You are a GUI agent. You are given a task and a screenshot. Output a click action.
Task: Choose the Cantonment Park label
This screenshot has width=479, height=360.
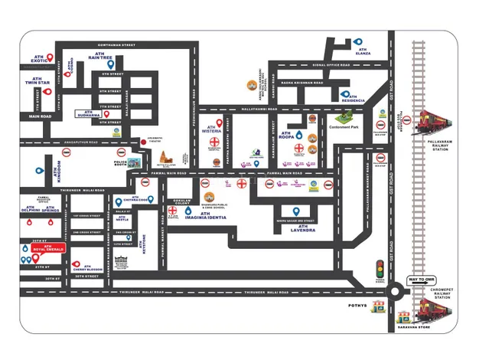click(344, 126)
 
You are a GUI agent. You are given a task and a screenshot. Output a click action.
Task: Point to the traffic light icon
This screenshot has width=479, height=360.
click(378, 268)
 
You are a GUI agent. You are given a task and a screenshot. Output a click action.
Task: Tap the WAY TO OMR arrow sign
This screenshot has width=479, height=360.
click(420, 280)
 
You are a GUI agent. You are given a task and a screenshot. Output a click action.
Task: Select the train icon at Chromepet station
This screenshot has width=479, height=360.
click(434, 310)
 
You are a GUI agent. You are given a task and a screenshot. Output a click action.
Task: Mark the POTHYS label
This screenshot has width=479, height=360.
click(358, 305)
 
